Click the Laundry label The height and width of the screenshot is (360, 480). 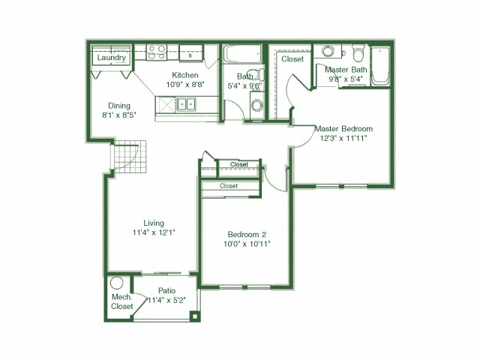111,57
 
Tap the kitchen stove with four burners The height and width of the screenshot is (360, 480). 157,52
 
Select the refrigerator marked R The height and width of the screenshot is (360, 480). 191,55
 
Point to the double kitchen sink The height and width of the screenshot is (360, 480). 185,105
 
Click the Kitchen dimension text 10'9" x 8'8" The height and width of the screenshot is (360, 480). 185,85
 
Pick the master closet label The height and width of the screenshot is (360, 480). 292,58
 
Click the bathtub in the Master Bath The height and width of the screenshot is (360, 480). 381,66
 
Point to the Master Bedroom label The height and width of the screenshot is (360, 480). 343,128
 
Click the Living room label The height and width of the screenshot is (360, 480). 154,223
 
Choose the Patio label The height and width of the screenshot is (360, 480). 166,291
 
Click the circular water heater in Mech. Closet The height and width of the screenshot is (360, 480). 116,284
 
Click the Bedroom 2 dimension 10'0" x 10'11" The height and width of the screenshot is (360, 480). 247,244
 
